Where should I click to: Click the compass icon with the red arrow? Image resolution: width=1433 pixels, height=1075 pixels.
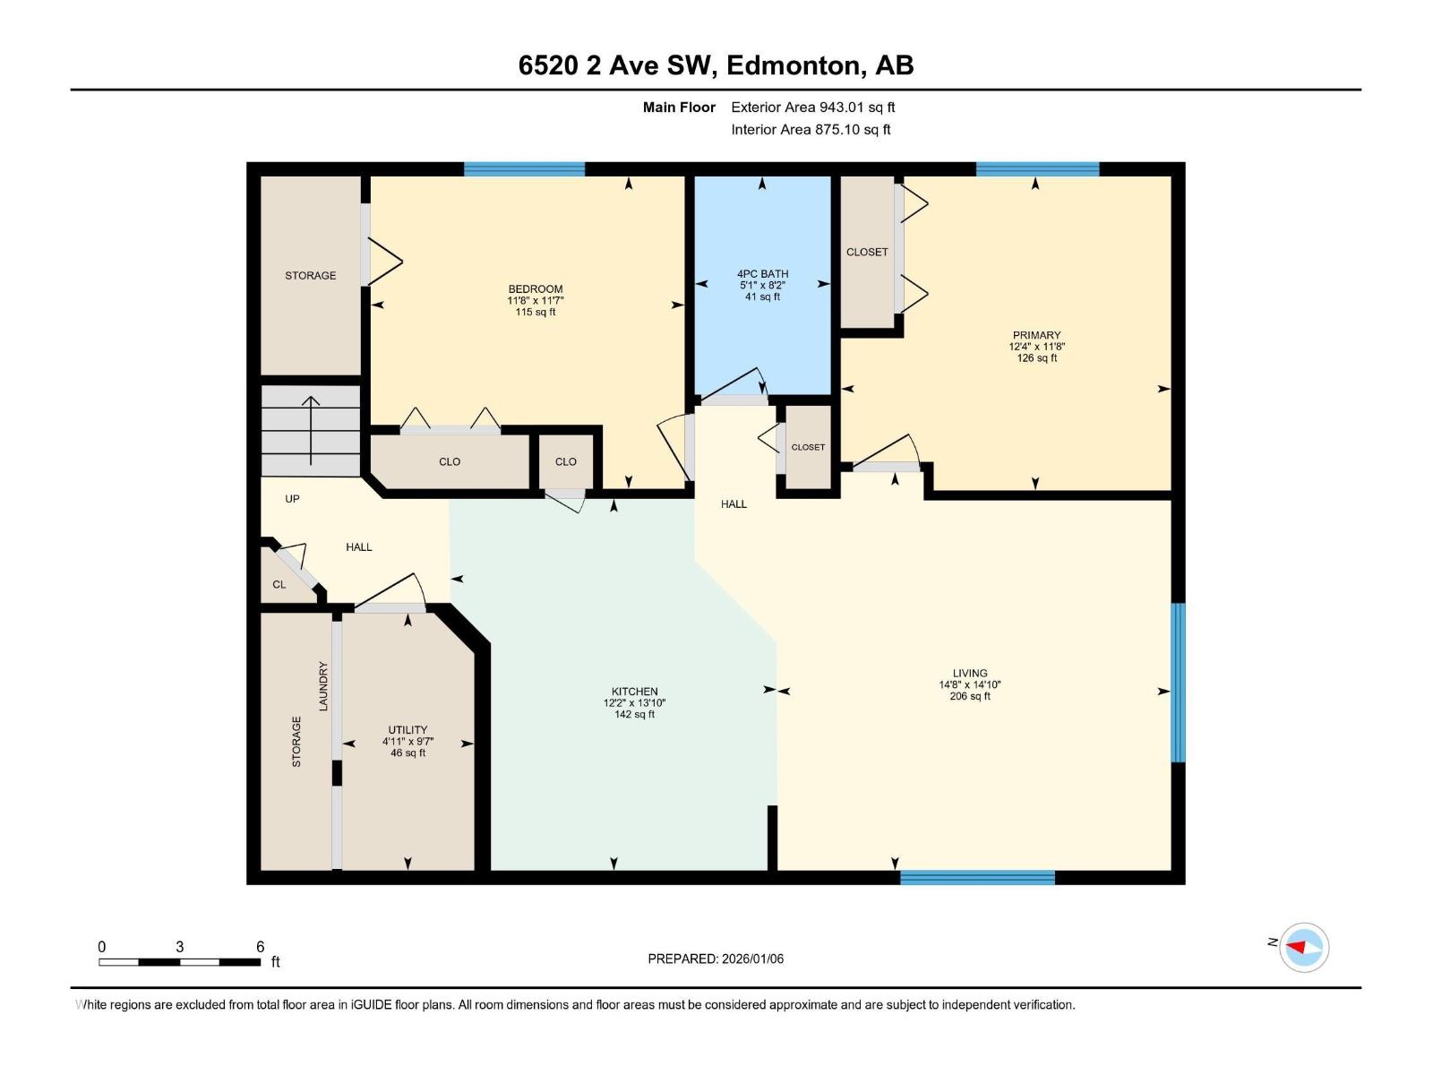[1303, 947]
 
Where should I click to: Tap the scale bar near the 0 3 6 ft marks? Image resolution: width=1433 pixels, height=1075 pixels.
[179, 962]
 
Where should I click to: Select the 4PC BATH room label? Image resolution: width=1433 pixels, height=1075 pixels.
[762, 274]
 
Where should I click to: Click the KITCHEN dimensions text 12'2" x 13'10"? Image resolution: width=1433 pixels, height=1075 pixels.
[634, 703]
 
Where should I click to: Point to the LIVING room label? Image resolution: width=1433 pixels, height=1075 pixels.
[970, 673]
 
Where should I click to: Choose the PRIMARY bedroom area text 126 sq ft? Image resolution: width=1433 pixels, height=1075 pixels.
[1036, 358]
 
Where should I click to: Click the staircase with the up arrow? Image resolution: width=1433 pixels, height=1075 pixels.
[310, 431]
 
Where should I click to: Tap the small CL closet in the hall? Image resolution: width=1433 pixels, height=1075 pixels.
[279, 584]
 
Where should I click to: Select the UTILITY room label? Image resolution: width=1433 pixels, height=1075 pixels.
[408, 730]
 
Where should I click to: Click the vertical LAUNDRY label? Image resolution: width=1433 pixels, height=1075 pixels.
[323, 686]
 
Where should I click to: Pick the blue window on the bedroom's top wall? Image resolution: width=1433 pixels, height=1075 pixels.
[524, 168]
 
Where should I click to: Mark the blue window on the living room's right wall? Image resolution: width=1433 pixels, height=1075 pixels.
[1179, 683]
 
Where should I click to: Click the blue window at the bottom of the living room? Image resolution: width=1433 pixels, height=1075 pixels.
[977, 877]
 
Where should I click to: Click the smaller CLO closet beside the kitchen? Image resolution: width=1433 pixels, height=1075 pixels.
[565, 462]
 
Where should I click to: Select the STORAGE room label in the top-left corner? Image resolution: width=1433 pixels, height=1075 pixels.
[311, 275]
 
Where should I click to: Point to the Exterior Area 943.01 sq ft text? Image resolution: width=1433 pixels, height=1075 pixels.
[812, 107]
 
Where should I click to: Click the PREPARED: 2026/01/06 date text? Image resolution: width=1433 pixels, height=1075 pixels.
[716, 959]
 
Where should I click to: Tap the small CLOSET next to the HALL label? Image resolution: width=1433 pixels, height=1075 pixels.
[808, 447]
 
